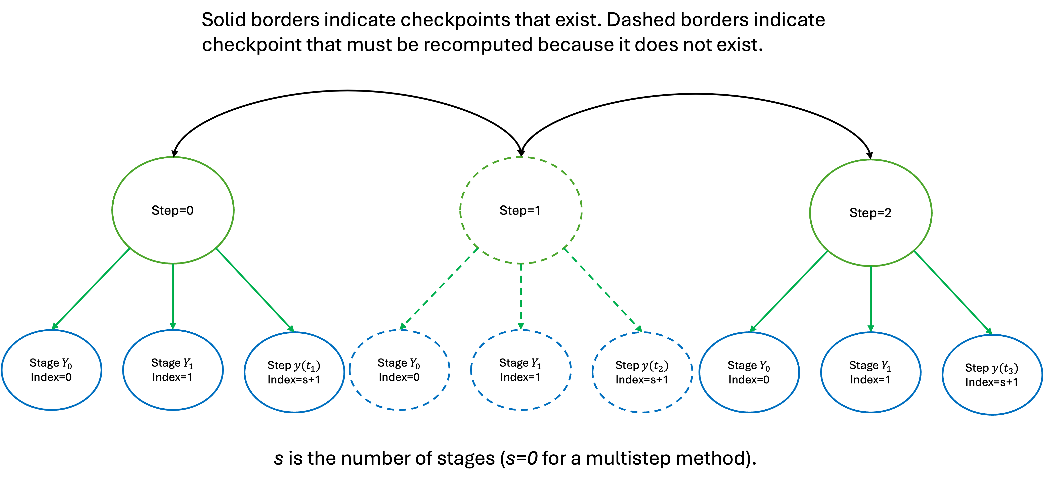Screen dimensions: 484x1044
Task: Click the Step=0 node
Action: click(173, 210)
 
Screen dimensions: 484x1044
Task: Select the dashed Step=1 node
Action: click(520, 210)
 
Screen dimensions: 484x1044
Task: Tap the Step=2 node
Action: click(871, 212)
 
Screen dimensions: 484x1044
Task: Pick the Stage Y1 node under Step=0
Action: click(173, 370)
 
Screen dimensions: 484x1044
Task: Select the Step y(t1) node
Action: click(294, 372)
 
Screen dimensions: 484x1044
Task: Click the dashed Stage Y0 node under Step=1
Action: click(399, 370)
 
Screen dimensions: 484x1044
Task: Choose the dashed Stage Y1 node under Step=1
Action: click(521, 370)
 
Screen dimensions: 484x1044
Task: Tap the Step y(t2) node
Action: click(642, 372)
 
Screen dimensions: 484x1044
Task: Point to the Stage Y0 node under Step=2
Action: click(749, 372)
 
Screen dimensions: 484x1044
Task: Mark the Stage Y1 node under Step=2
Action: click(871, 372)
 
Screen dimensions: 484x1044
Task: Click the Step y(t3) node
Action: click(992, 375)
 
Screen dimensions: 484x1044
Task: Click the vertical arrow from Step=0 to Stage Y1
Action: click(173, 296)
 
